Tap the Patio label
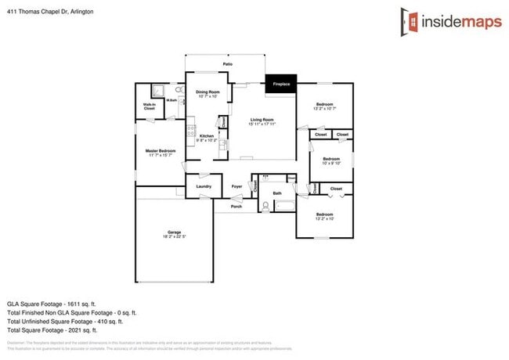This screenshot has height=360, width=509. (x=228, y=64)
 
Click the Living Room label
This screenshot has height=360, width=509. (x=263, y=119)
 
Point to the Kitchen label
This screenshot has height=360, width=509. (x=206, y=136)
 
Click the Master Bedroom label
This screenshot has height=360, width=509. (x=160, y=150)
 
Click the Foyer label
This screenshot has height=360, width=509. (x=237, y=186)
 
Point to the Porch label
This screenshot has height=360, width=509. (x=236, y=206)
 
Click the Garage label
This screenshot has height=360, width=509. (x=174, y=232)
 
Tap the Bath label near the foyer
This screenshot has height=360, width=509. (x=276, y=193)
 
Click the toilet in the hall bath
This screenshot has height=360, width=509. (x=265, y=207)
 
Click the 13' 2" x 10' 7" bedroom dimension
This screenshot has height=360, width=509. (x=325, y=109)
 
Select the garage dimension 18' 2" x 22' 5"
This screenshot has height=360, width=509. (x=174, y=237)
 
